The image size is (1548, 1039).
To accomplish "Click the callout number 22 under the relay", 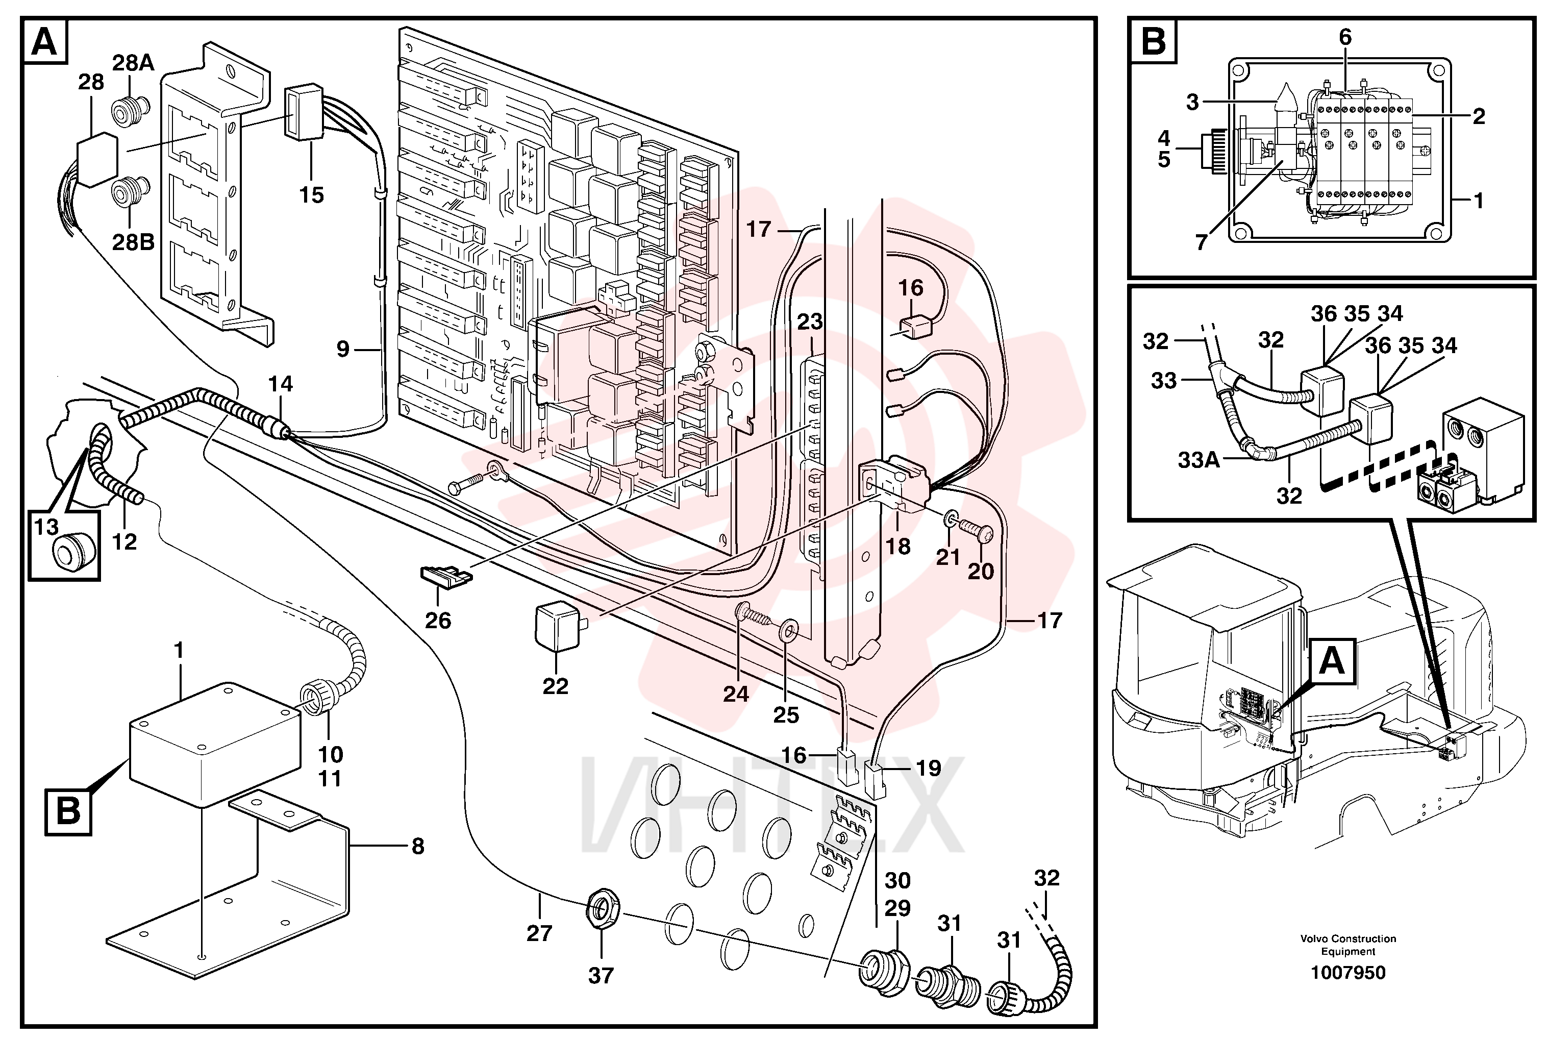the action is [x=555, y=686].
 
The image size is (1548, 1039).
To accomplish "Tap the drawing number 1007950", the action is [x=1347, y=972].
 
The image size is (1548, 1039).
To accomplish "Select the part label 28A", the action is [x=133, y=63].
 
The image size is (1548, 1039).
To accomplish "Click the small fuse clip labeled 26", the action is [x=446, y=575].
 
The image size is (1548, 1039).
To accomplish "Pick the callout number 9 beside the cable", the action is [x=342, y=349].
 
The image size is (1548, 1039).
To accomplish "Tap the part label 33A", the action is [x=1199, y=459].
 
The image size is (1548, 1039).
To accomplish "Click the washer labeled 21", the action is [x=948, y=518].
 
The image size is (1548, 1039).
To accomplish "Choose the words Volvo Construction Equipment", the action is [x=1347, y=945].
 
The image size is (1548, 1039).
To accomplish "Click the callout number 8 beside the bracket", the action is [x=417, y=846].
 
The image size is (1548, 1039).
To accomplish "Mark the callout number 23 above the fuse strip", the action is [x=809, y=322].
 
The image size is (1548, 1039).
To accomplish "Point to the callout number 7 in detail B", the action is [x=1201, y=242].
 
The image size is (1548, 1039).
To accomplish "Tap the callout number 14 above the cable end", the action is [x=280, y=384].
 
